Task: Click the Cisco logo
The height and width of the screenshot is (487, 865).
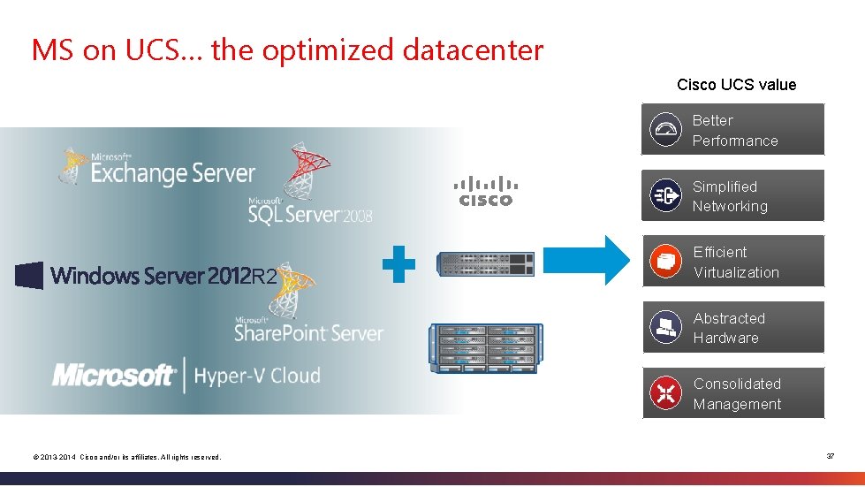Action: coord(486,191)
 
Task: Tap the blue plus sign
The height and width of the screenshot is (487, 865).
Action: coord(398,263)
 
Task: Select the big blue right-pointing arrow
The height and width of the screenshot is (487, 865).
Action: coord(604,260)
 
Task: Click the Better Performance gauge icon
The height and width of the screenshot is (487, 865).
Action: coord(665,131)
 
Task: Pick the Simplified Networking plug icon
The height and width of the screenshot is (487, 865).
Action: coord(665,196)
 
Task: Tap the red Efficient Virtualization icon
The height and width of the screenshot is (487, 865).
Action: coord(665,262)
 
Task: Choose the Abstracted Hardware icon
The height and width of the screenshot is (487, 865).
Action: coord(665,328)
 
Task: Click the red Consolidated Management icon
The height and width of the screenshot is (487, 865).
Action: coord(665,393)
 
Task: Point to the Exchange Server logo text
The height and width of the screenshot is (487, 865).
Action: coord(172,172)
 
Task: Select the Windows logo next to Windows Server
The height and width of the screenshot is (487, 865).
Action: coord(29,276)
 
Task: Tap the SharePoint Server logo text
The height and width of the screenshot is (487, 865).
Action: coord(308,332)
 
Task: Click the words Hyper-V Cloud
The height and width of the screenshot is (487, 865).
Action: coord(256,376)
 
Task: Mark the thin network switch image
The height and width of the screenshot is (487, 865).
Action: coord(487,263)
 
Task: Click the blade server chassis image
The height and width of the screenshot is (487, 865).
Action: coord(485,348)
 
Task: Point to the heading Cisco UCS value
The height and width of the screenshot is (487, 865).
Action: coord(736,85)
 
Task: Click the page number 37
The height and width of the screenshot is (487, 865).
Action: coord(831,456)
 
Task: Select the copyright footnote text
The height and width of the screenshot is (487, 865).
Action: coord(126,457)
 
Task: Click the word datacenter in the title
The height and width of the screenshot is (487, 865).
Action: coord(473,50)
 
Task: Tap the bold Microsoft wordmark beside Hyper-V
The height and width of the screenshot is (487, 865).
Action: coord(113,375)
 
